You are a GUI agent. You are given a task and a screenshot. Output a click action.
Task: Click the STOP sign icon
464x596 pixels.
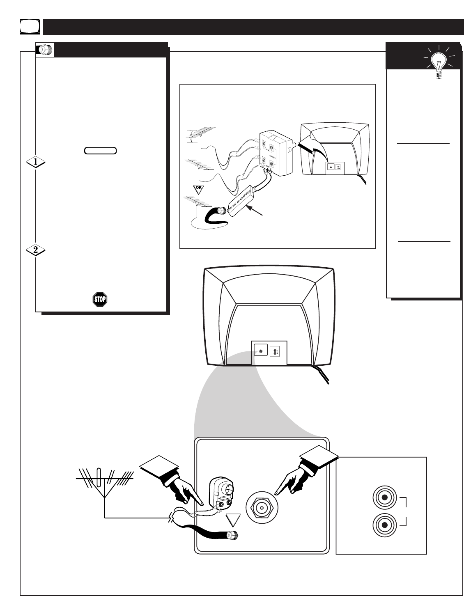(x=100, y=299)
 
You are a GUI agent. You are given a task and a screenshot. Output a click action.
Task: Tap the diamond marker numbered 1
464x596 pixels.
(x=36, y=162)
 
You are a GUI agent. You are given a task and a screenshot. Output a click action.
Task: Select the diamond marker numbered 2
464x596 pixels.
(x=36, y=250)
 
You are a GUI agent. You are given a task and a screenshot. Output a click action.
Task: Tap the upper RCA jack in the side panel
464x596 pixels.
(x=384, y=497)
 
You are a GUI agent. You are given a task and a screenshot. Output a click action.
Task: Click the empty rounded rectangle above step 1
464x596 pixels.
(x=101, y=150)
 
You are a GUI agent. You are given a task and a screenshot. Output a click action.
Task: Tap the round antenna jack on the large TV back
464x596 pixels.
(x=259, y=351)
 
